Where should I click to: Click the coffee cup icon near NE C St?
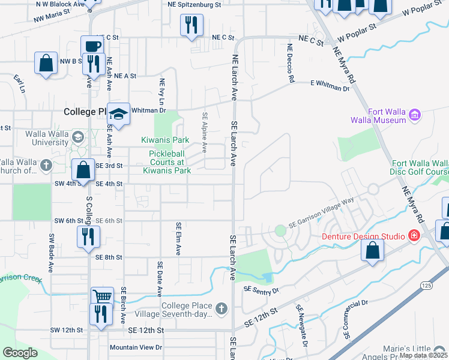(x=92, y=46)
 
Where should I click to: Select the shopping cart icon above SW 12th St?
(x=102, y=297)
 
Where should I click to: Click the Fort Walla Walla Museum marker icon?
(x=414, y=115)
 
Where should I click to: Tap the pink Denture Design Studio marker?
(x=414, y=236)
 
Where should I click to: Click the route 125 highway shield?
(x=426, y=284)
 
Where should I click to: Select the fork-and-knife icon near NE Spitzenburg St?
(x=191, y=25)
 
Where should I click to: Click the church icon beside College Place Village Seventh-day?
(x=221, y=309)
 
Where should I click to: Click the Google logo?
(x=20, y=352)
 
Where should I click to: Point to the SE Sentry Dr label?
(x=261, y=290)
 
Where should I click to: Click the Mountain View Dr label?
(x=136, y=347)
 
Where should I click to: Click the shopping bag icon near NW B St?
(x=46, y=63)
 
